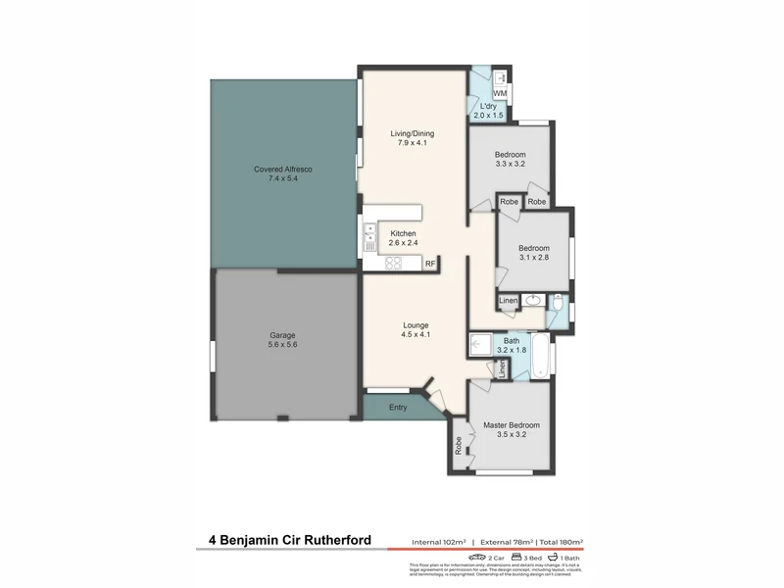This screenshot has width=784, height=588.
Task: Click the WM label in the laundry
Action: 499,93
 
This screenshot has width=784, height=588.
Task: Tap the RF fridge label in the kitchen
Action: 429,263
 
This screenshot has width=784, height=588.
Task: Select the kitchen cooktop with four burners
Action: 394,262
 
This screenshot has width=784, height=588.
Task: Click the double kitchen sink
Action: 370,233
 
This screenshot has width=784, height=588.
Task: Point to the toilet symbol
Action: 556,306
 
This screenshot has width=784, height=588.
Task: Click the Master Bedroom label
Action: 511,424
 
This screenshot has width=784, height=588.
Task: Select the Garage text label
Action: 282,334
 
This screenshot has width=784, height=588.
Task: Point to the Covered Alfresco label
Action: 282,170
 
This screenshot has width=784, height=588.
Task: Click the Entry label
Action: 398,407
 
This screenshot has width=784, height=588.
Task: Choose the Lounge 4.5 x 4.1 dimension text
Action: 416,335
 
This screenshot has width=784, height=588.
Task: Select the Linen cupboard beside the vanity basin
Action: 508,300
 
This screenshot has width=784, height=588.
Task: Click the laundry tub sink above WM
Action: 500,76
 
